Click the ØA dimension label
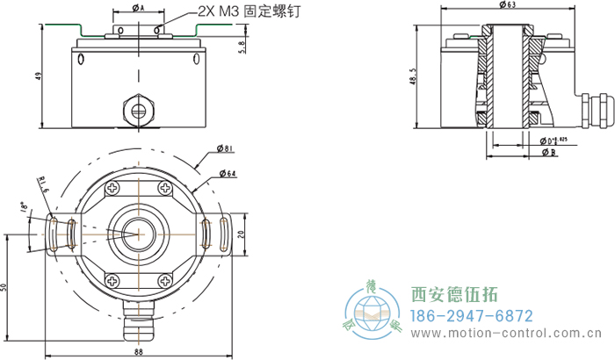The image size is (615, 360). point(139,8)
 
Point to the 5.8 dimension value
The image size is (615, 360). point(242,44)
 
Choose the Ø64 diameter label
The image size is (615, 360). point(226,174)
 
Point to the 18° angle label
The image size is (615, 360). point(24,208)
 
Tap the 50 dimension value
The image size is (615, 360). point(4,286)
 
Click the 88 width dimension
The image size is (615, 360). point(139,352)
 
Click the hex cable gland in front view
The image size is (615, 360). point(139,110)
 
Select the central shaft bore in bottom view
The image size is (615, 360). point(137,234)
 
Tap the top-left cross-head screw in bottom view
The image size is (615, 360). point(113,188)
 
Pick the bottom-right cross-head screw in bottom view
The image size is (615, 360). point(165,281)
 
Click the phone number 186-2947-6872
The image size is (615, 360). point(473,316)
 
